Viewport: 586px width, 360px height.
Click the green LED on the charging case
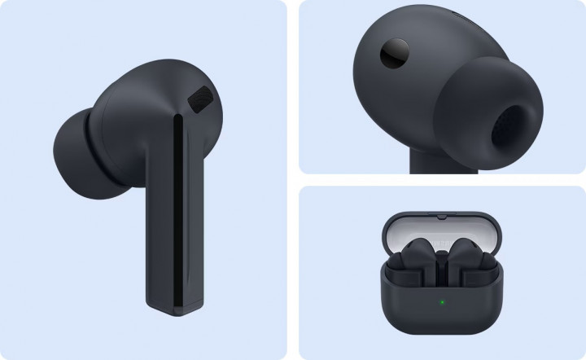click(x=440, y=305)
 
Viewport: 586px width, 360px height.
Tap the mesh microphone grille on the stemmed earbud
click(x=199, y=102)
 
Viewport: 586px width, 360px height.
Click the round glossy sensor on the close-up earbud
click(x=396, y=53)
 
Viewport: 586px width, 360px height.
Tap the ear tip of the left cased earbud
click(x=396, y=261)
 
